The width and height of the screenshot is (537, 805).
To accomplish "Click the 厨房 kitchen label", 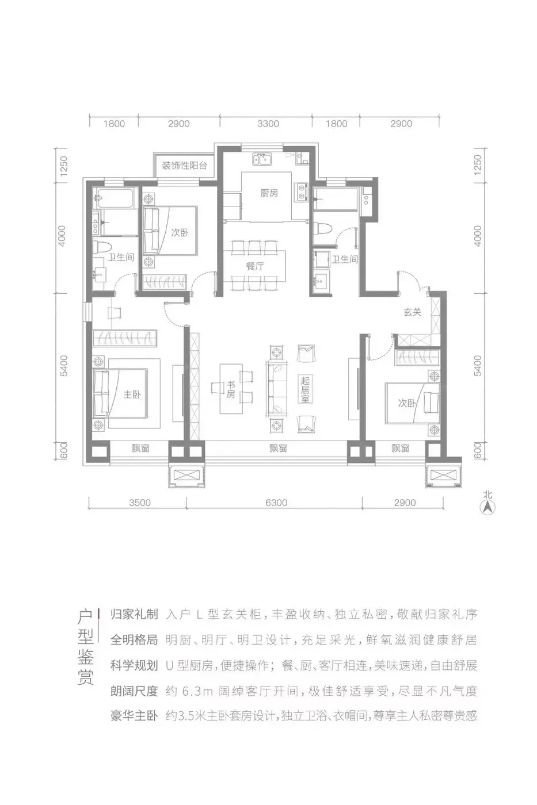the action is (x=269, y=193).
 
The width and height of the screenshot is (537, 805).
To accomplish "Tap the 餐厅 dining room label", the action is (x=255, y=266).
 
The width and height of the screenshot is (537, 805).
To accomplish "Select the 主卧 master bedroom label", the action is (x=132, y=394).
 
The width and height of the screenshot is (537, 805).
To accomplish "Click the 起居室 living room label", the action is (x=305, y=389).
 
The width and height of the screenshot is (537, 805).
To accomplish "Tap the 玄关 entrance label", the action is (x=412, y=312).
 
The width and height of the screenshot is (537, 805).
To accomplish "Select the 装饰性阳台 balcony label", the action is (x=184, y=166).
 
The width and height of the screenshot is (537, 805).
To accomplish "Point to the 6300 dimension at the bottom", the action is (x=276, y=503).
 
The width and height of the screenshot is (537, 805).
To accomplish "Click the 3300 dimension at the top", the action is (x=268, y=124).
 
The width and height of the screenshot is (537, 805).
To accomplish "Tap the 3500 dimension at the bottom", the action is (x=139, y=503).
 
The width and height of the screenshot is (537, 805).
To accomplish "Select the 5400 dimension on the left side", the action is (x=64, y=366).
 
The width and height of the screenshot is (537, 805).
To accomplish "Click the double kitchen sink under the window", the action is (x=262, y=159).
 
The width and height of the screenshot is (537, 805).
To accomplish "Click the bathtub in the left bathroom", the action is (x=113, y=198).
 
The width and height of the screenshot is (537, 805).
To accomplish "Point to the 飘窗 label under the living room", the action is (x=278, y=448).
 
